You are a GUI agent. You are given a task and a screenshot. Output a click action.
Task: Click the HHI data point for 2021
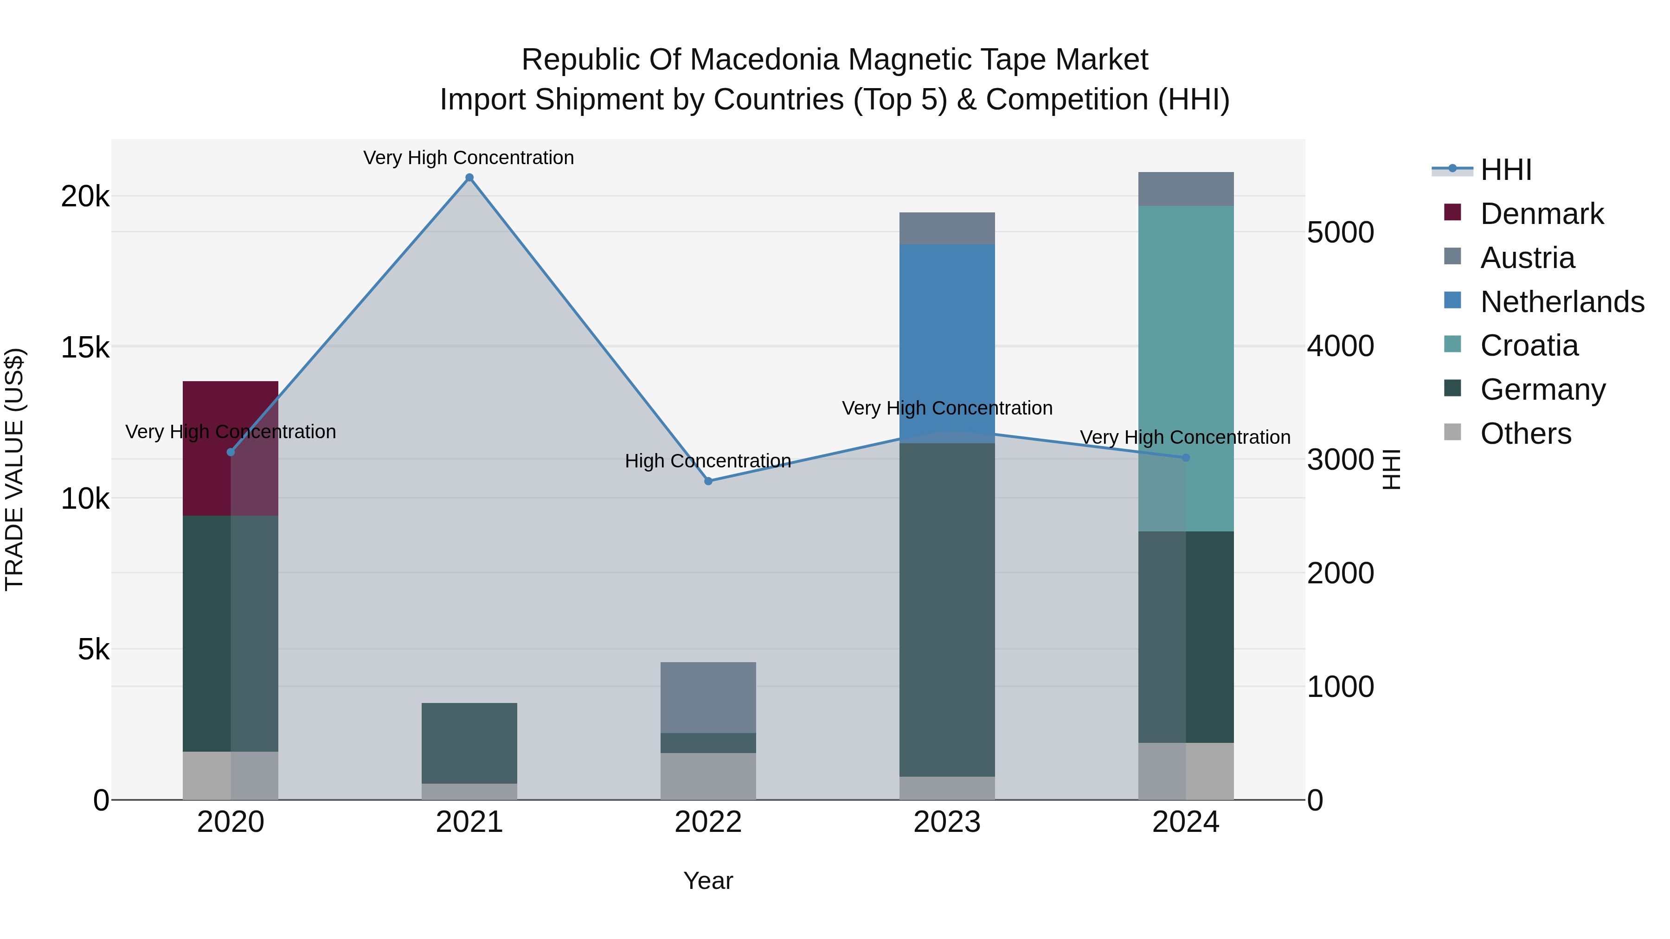click(x=469, y=178)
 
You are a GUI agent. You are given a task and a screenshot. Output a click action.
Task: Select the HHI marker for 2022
click(x=708, y=481)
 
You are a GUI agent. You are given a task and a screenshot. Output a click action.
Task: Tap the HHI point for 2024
click(x=1186, y=458)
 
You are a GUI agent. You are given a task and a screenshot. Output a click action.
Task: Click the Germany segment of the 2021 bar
click(x=469, y=743)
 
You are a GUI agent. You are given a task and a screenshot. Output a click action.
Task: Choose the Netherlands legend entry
click(x=1562, y=302)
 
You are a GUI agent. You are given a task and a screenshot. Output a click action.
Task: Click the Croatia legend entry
click(x=1529, y=346)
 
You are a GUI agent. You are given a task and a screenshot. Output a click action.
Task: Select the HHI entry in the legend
click(x=1505, y=170)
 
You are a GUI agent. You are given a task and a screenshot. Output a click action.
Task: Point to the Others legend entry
click(x=1525, y=434)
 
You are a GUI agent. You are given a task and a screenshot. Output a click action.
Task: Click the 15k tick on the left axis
click(x=85, y=348)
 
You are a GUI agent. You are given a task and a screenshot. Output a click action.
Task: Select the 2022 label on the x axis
click(x=708, y=822)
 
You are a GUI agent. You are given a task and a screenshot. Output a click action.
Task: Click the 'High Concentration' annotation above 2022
click(x=708, y=461)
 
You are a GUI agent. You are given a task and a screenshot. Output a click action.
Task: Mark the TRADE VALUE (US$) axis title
click(x=14, y=469)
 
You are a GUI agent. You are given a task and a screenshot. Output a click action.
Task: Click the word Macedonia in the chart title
click(x=765, y=60)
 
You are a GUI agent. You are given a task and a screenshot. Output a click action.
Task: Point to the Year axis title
click(x=708, y=881)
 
